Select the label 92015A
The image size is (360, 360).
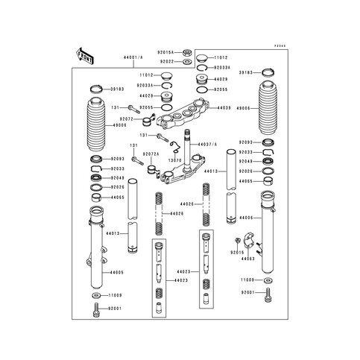pyautogui.click(x=165, y=53)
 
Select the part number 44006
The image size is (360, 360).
pyautogui.click(x=247, y=218)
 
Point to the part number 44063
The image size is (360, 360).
pyautogui.click(x=248, y=259)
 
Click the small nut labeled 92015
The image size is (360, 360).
pyautogui.click(x=236, y=241)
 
